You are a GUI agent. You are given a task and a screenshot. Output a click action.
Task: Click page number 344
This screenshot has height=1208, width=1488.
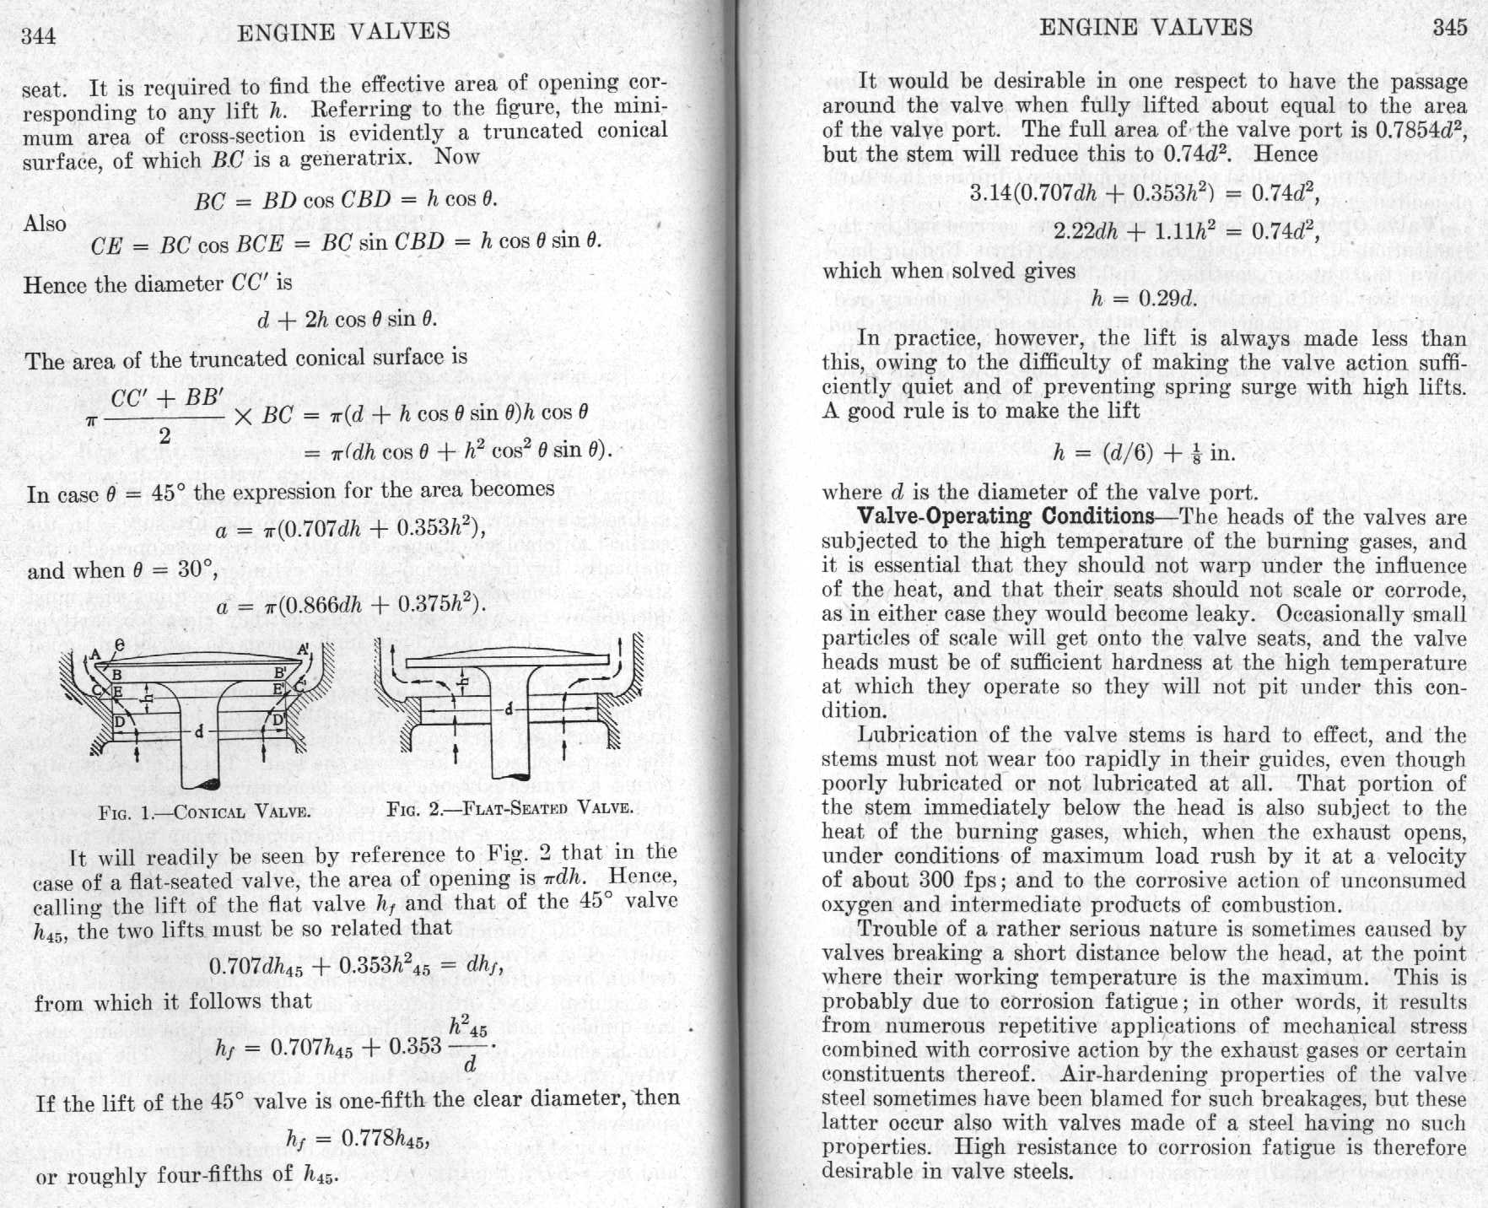click(x=39, y=35)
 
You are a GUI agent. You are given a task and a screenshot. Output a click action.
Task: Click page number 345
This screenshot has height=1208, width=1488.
click(x=1449, y=27)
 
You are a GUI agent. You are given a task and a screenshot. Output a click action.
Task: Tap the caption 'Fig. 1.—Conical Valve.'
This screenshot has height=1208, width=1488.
click(x=205, y=813)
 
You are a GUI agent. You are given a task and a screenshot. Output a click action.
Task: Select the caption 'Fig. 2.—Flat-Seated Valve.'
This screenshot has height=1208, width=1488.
click(x=509, y=807)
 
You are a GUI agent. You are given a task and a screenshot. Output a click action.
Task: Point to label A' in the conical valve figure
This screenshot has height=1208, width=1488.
click(x=303, y=650)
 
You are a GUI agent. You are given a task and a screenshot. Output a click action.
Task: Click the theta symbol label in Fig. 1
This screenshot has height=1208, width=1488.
click(x=121, y=644)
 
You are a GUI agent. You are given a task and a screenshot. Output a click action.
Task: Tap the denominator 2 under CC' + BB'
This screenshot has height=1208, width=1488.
click(x=165, y=435)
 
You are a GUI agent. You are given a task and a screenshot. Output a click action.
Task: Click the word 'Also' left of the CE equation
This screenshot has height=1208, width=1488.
click(x=45, y=224)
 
